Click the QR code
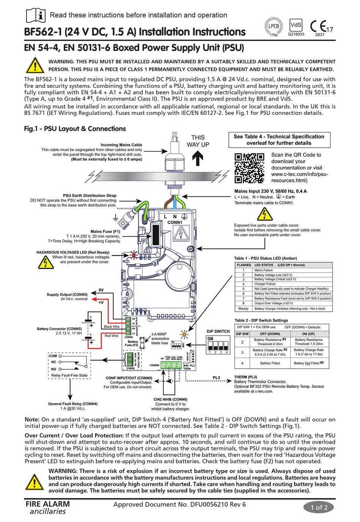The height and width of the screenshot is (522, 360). click(x=249, y=168)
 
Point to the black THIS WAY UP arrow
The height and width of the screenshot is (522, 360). click(x=197, y=158)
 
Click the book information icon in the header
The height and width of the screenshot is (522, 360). click(x=36, y=16)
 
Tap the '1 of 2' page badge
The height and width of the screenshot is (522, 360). click(x=319, y=507)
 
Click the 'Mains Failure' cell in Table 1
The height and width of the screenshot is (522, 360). click(x=263, y=270)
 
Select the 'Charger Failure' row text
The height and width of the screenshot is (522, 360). click(x=265, y=284)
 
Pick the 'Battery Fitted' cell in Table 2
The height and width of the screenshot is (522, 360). click(x=270, y=363)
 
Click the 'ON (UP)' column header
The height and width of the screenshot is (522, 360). click(x=308, y=334)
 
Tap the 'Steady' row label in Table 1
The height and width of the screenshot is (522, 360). click(x=243, y=308)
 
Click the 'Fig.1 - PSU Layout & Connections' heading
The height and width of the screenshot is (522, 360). click(x=75, y=129)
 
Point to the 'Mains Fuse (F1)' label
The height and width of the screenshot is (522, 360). click(x=105, y=231)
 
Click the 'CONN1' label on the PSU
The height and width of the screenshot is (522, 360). click(x=175, y=222)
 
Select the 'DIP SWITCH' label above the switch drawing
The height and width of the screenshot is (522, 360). click(x=218, y=331)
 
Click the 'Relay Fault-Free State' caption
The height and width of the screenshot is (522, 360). click(x=69, y=375)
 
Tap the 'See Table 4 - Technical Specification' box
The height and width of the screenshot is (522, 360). click(x=279, y=140)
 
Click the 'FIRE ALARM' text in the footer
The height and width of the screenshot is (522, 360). click(x=48, y=504)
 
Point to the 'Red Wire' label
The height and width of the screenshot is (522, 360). click(x=111, y=336)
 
